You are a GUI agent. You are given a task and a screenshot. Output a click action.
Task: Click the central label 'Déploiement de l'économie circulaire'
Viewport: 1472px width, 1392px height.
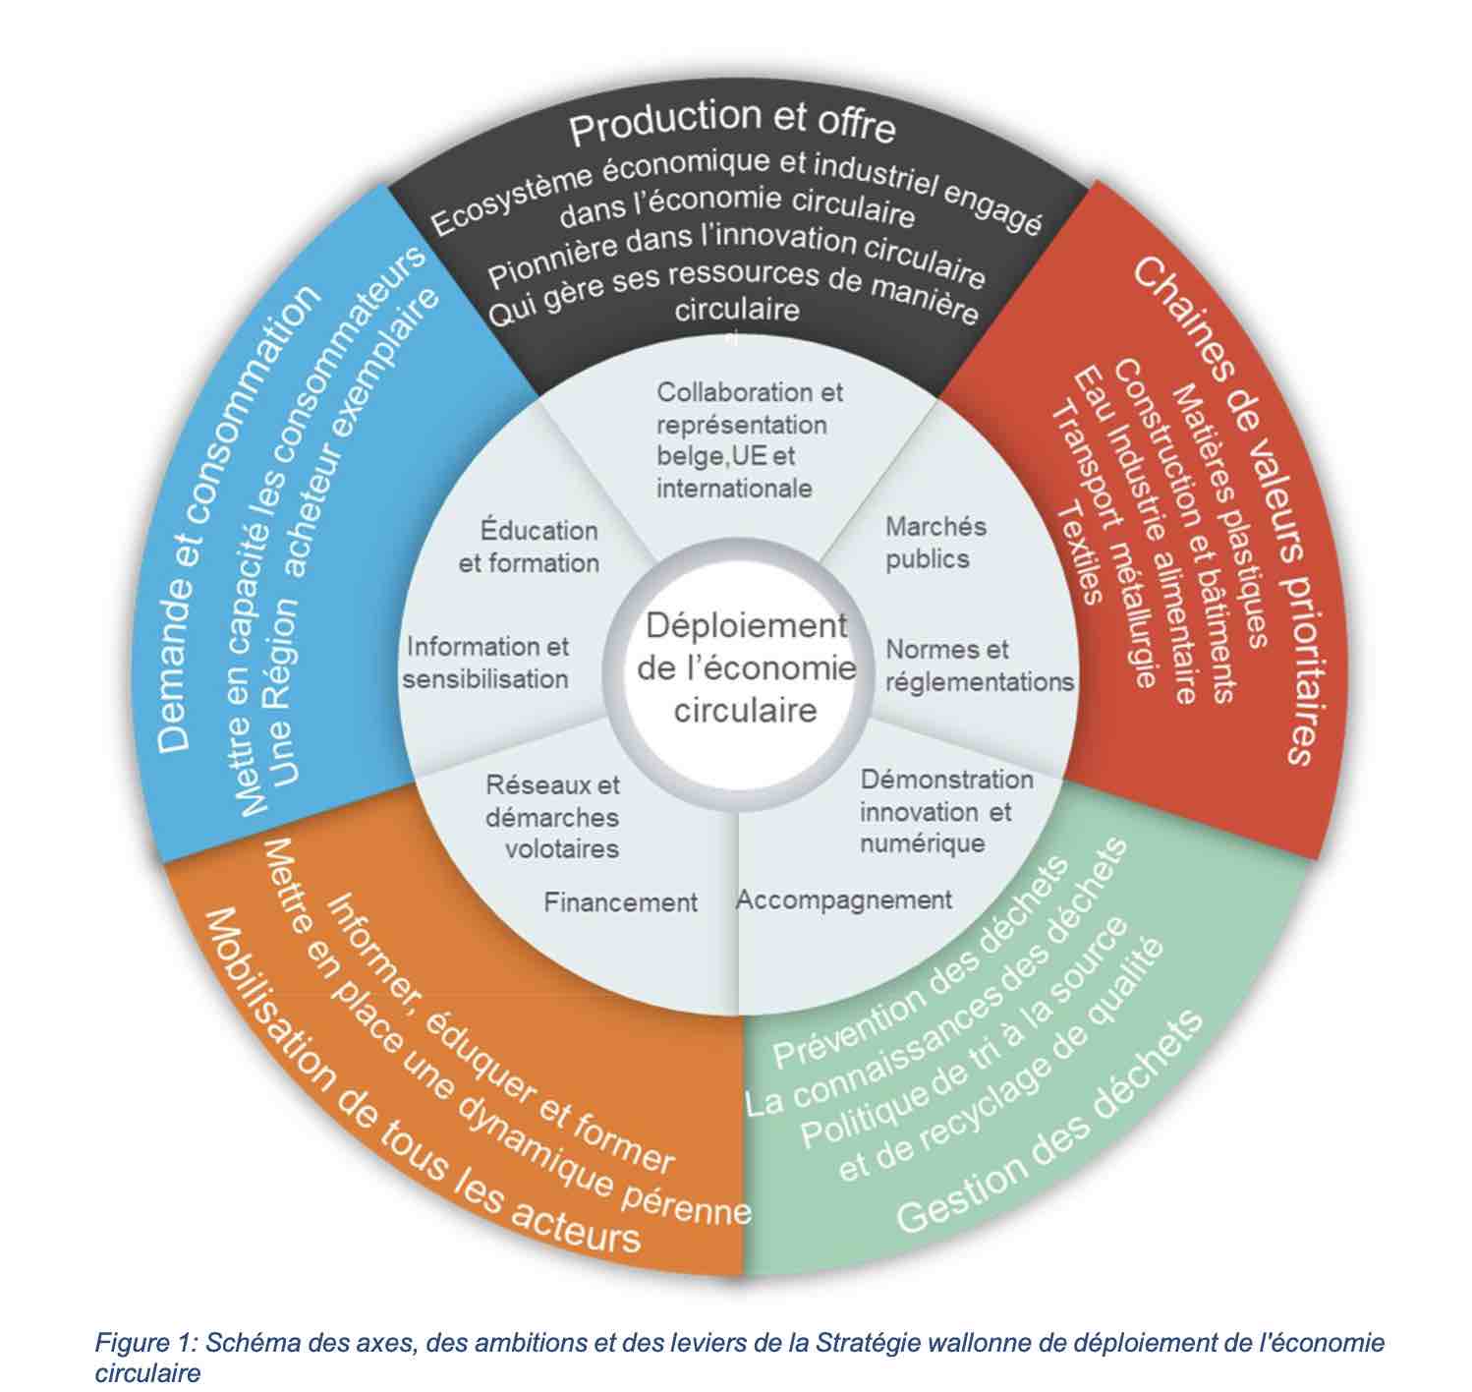[746, 667]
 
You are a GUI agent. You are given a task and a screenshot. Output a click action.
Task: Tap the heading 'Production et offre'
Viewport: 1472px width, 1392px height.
[732, 122]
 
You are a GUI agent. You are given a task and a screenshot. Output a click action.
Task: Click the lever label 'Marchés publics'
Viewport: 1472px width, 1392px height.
[935, 543]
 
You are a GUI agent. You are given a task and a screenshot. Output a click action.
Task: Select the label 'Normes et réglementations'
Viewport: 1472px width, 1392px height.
[980, 666]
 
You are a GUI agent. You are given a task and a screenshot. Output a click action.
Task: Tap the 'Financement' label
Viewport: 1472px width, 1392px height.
[621, 902]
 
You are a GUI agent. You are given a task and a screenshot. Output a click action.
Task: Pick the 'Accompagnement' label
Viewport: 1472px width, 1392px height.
[844, 899]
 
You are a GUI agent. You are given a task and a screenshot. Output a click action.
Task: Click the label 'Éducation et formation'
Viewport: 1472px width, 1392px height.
[529, 547]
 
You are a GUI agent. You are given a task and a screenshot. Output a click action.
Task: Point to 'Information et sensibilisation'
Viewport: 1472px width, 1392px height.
[486, 663]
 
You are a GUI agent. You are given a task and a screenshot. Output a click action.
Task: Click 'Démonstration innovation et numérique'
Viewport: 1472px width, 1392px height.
[946, 811]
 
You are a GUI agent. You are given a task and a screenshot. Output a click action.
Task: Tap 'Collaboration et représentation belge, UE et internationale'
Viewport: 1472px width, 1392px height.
[750, 440]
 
